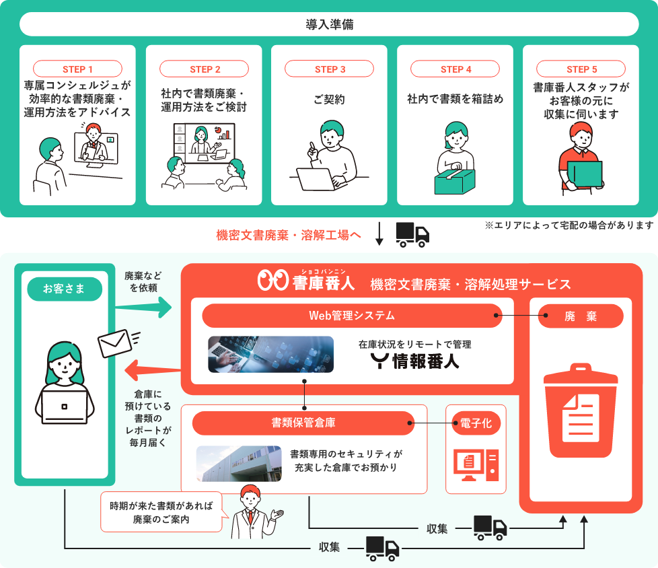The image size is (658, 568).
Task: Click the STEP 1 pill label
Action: tap(77, 69)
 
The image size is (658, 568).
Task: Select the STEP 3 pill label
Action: tap(330, 69)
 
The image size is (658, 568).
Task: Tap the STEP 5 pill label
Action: tap(581, 69)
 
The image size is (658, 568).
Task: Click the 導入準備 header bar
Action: tap(329, 24)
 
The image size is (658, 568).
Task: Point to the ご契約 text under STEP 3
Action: tap(329, 99)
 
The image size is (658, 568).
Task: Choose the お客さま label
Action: tap(65, 289)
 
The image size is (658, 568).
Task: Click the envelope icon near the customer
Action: tap(115, 345)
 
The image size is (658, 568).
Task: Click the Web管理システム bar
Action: tap(352, 315)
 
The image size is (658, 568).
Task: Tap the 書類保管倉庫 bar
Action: tap(303, 423)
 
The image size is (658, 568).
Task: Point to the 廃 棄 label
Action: tap(581, 316)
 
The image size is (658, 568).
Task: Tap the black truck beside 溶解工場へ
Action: tap(412, 234)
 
